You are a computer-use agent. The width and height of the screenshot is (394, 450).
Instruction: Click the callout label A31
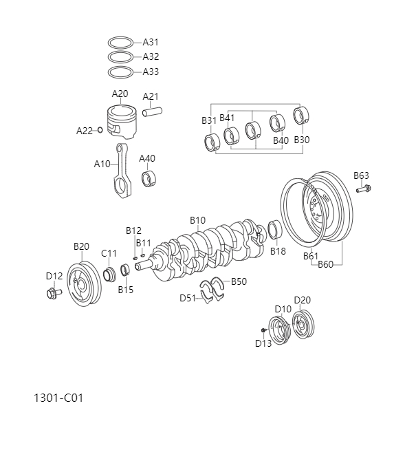click(x=151, y=42)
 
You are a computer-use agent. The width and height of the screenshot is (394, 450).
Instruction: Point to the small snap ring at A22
click(x=100, y=130)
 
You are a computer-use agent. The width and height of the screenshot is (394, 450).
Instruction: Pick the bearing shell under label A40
click(x=148, y=179)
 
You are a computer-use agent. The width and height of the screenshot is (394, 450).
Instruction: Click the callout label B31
click(x=209, y=120)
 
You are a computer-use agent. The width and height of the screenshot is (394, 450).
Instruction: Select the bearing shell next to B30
click(x=301, y=116)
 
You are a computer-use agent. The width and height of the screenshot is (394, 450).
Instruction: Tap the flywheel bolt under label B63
click(x=363, y=188)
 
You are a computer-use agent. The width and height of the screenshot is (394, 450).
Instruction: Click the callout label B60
click(x=325, y=264)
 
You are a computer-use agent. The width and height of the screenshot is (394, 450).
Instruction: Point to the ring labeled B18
click(x=274, y=230)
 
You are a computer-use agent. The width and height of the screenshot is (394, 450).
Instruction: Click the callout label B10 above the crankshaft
click(x=197, y=220)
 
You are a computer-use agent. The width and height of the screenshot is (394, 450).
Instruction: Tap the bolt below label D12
click(x=53, y=293)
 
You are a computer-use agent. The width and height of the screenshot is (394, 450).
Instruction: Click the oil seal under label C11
click(x=110, y=276)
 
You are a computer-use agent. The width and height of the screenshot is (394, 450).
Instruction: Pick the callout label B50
click(x=239, y=281)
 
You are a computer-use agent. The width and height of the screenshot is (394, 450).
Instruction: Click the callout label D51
click(x=188, y=298)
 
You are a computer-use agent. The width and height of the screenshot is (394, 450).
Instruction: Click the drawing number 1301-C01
click(x=58, y=398)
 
